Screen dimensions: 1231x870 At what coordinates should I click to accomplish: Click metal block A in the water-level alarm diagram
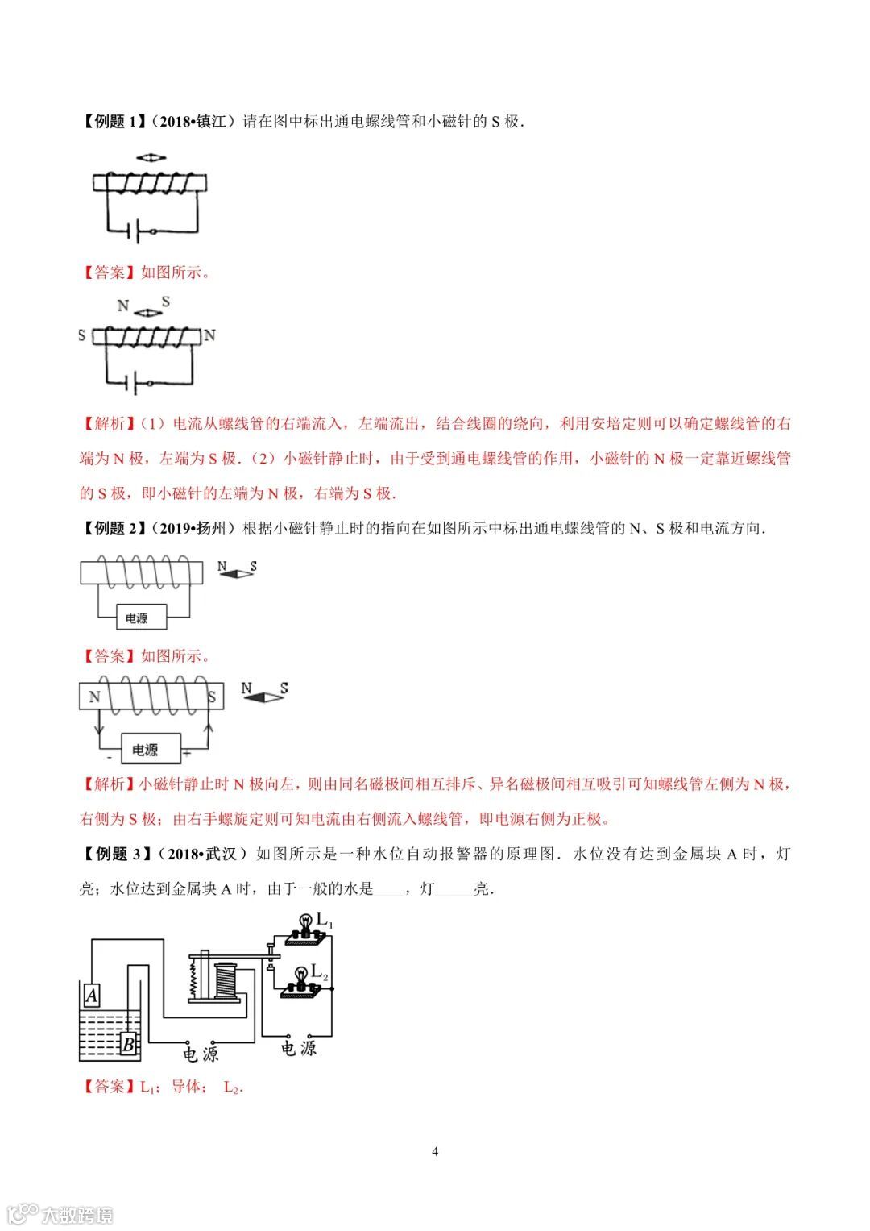tap(92, 996)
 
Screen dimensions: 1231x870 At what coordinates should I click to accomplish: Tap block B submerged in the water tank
tap(127, 1045)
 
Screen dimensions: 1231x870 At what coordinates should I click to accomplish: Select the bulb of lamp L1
tap(305, 921)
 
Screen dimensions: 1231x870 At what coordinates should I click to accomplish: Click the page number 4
tap(435, 1151)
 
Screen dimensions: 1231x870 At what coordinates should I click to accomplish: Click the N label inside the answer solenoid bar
tap(94, 697)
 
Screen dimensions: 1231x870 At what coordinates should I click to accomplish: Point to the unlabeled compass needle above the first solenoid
tap(151, 156)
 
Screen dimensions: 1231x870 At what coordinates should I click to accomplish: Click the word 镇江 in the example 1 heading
tap(212, 122)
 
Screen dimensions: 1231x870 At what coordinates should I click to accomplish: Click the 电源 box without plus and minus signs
tap(136, 618)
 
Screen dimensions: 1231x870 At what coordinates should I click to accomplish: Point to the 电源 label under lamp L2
tap(299, 1048)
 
